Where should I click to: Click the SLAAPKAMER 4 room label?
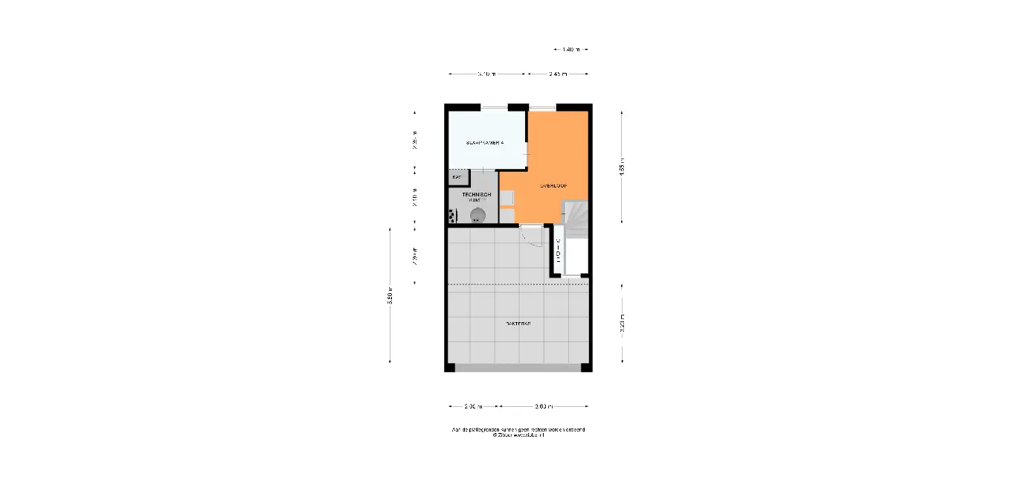(485, 142)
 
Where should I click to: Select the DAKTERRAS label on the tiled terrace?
(518, 324)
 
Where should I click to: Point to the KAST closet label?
(457, 177)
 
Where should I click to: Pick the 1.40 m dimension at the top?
(571, 50)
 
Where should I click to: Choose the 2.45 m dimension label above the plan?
(558, 74)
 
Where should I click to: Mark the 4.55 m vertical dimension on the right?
(622, 167)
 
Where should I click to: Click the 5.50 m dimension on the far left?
(390, 295)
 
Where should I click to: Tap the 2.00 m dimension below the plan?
(473, 406)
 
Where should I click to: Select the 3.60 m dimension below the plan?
(544, 406)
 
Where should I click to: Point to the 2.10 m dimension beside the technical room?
(415, 196)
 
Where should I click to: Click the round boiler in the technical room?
(478, 215)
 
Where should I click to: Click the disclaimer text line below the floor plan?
(518, 429)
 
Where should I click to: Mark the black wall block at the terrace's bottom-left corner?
(449, 368)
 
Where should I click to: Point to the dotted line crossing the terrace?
(518, 284)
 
